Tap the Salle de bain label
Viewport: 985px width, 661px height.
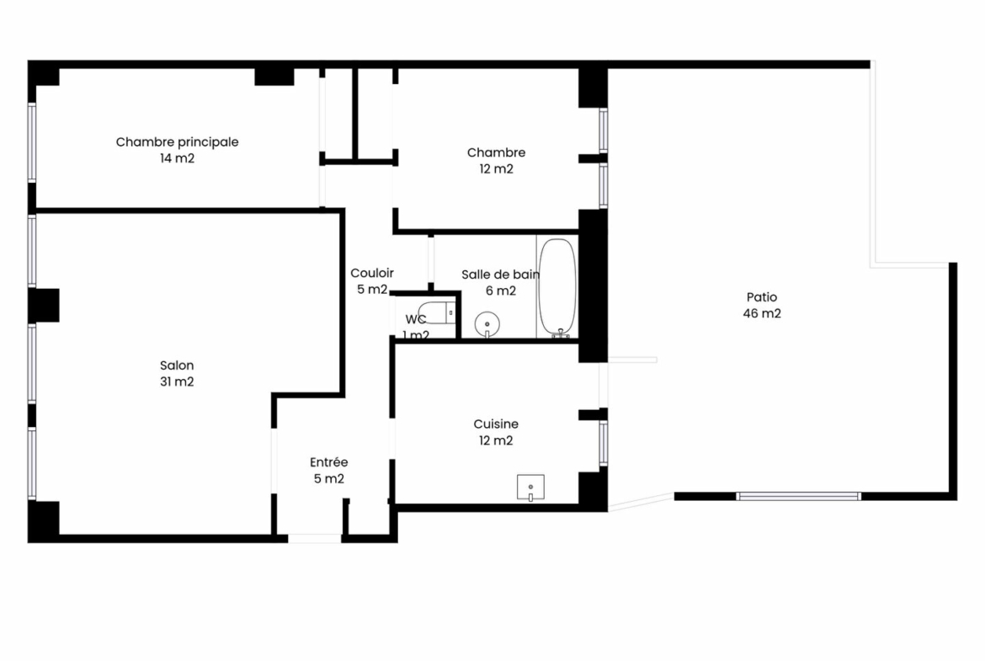point(500,275)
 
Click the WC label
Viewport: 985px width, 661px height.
point(415,319)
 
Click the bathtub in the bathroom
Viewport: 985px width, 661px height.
point(556,287)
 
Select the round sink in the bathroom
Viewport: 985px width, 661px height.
point(487,324)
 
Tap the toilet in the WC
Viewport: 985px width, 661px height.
point(437,312)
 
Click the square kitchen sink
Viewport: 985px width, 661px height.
point(530,488)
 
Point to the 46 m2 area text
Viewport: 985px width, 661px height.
point(761,313)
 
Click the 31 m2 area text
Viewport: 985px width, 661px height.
point(177,381)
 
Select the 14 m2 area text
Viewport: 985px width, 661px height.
point(177,158)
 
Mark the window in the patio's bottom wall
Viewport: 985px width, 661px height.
point(798,496)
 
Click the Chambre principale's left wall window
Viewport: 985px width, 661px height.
point(32,142)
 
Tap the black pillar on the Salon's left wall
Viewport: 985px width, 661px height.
point(43,306)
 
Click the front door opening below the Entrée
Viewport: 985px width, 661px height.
point(315,538)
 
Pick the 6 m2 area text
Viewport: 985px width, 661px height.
point(501,291)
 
